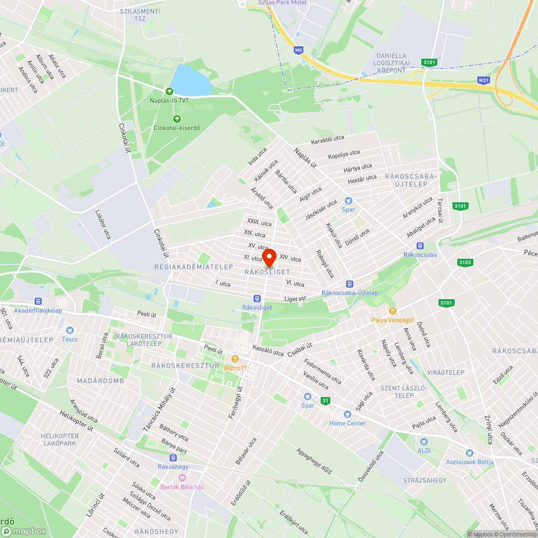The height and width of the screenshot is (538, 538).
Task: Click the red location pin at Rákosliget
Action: click(268, 257)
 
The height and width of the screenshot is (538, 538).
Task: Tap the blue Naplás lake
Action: click(190, 80)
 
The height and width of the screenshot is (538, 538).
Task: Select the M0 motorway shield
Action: click(299, 50)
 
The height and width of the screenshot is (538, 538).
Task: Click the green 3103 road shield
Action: click(465, 263)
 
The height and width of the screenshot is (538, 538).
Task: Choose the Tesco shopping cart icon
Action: click(69, 330)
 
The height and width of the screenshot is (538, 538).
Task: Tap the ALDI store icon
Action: click(424, 441)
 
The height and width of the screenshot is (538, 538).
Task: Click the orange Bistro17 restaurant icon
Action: click(235, 359)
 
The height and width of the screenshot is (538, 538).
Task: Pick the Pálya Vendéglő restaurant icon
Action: click(393, 311)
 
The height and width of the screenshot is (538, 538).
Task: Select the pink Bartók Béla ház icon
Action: click(182, 478)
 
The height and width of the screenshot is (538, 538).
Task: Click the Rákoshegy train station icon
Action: click(173, 458)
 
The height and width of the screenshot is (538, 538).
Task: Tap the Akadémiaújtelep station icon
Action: click(38, 301)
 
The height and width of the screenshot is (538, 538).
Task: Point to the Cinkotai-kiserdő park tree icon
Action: click(176, 119)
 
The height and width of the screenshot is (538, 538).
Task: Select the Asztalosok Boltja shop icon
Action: click(469, 453)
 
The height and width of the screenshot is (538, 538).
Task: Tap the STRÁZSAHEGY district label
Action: click(424, 480)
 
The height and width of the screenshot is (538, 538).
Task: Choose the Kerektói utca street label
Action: click(327, 140)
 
